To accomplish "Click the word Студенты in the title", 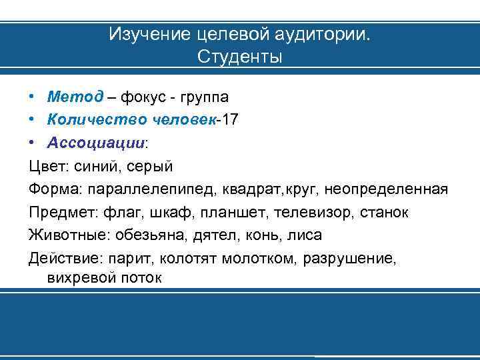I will pyautogui.click(x=240, y=57).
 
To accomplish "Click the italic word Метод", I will pyautogui.click(x=75, y=97).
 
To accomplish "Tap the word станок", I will pyautogui.click(x=385, y=212).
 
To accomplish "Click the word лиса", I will pyautogui.click(x=306, y=235).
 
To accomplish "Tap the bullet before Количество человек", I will pyautogui.click(x=33, y=120).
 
